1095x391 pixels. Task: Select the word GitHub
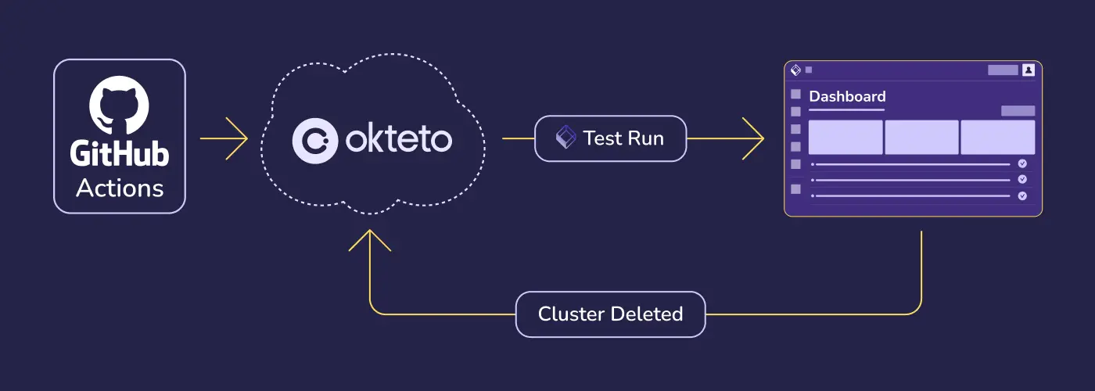point(119,154)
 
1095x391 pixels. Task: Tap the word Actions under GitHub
point(120,188)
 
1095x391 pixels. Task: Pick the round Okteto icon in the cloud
point(314,140)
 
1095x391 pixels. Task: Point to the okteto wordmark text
point(398,140)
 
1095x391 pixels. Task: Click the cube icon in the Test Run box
point(565,138)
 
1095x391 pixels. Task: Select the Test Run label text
point(623,139)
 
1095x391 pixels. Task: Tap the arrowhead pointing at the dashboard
point(754,139)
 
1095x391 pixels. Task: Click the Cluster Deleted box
point(610,314)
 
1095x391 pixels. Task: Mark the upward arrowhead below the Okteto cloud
point(370,239)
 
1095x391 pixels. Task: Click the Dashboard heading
point(847,97)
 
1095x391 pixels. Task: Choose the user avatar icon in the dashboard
point(1029,70)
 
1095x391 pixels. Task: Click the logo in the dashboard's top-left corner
point(796,70)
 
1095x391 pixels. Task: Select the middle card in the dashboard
point(921,138)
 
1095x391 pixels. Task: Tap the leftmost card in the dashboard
point(845,138)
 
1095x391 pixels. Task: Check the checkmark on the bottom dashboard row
point(1022,195)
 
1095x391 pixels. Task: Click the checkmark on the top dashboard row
point(1022,164)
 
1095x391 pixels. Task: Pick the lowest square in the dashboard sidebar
point(796,189)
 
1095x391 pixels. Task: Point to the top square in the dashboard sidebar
point(796,94)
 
